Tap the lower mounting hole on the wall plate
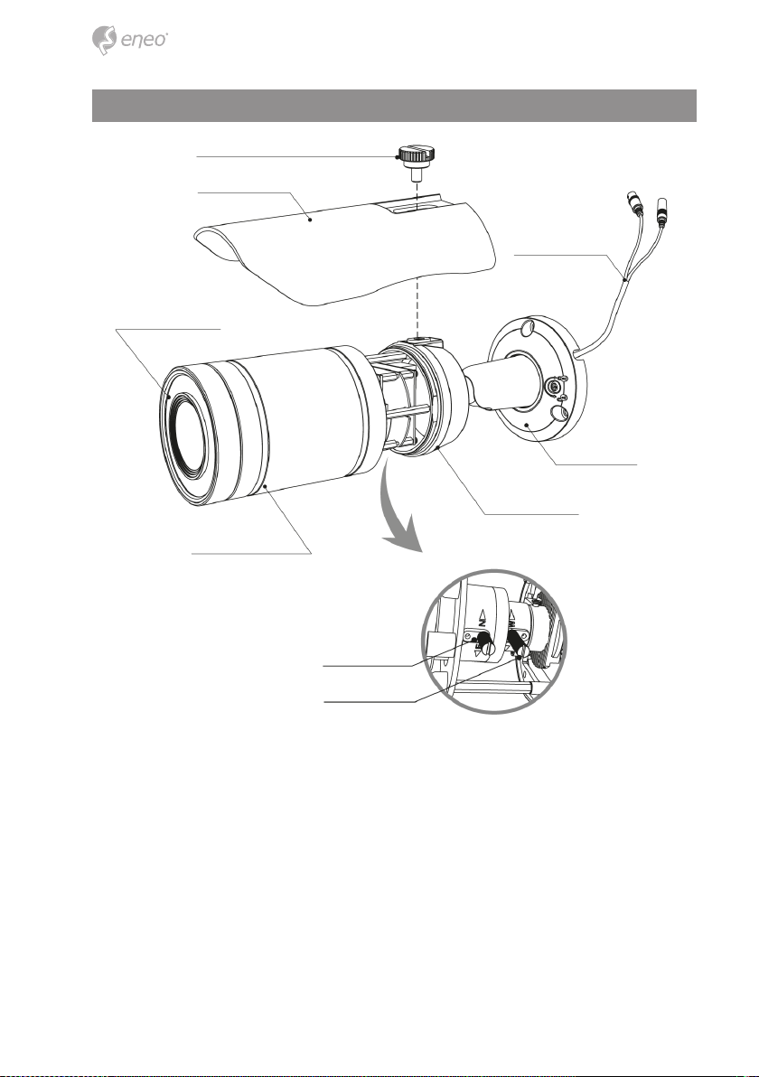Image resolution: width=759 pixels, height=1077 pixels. point(559,412)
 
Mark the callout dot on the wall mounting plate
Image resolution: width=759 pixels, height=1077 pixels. point(527,423)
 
